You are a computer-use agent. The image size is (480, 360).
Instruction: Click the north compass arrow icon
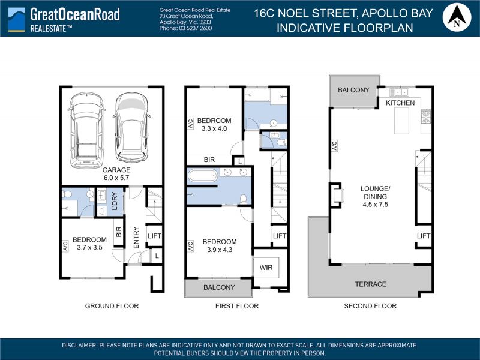tap(457, 17)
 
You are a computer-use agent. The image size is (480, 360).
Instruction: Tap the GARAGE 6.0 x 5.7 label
tap(116, 174)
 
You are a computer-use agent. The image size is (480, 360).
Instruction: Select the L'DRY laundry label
tap(115, 201)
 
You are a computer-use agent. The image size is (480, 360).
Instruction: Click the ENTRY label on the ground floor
tap(136, 238)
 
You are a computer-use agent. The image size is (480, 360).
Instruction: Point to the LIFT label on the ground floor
tap(154, 236)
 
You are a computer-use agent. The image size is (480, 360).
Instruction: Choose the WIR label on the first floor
tap(266, 268)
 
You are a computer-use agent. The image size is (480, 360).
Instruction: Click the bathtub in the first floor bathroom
tap(203, 176)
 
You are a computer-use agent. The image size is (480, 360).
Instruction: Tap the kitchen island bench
tap(401, 121)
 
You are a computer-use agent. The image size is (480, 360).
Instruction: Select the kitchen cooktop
tap(426, 116)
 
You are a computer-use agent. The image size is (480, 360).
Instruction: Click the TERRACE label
tap(370, 284)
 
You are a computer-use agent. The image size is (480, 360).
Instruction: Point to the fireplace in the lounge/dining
tap(338, 196)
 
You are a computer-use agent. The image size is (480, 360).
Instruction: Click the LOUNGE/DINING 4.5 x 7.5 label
tap(376, 197)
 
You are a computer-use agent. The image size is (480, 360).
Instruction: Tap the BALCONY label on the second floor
tap(353, 90)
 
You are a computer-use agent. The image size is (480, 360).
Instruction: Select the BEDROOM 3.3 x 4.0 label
tap(214, 125)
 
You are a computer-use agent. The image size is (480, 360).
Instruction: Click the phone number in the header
tap(185, 28)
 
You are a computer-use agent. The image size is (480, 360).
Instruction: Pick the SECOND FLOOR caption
tap(370, 306)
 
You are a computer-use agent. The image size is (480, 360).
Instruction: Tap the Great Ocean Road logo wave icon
tap(17, 19)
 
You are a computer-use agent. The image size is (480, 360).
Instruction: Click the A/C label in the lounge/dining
tap(334, 146)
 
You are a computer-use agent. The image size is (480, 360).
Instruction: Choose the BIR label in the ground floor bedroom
tap(119, 232)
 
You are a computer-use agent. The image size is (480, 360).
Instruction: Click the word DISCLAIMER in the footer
tap(79, 346)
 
